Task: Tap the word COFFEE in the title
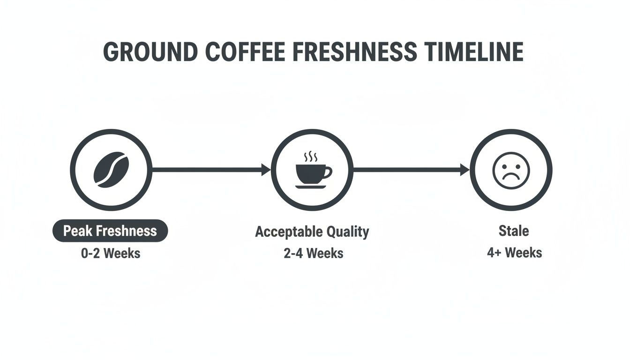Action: coord(245,52)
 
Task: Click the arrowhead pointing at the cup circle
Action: coord(266,170)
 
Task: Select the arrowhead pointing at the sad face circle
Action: coord(465,170)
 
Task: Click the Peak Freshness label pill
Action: coord(110,231)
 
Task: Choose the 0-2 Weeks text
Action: coord(110,253)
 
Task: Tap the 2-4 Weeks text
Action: coord(313,254)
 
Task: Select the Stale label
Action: coord(514,231)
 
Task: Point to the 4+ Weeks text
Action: coord(514,253)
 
